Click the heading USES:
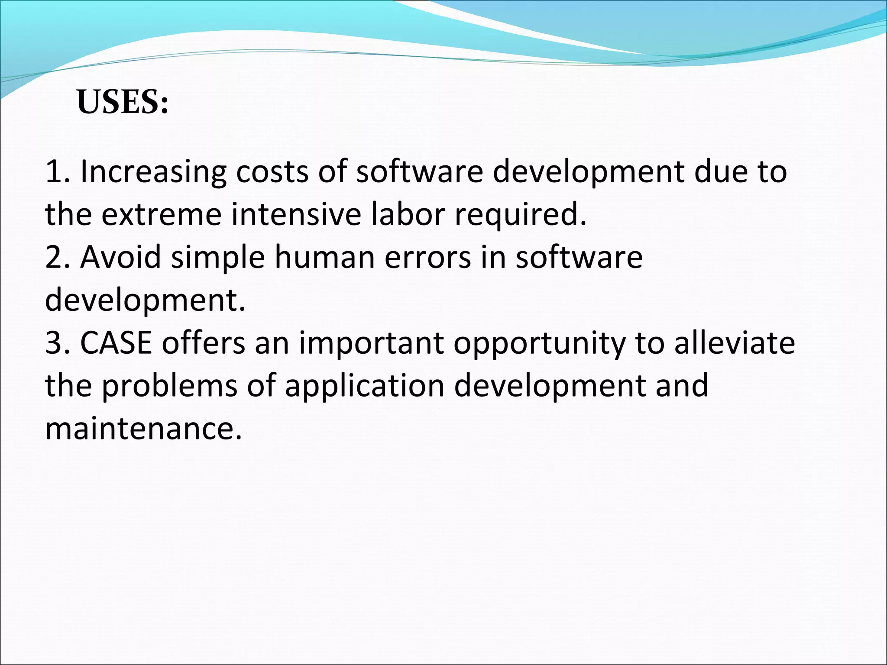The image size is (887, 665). click(x=123, y=102)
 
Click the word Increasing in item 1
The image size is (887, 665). click(x=153, y=172)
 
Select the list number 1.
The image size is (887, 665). click(x=56, y=172)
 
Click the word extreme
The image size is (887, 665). click(x=161, y=214)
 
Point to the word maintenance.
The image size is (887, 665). click(x=143, y=429)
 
